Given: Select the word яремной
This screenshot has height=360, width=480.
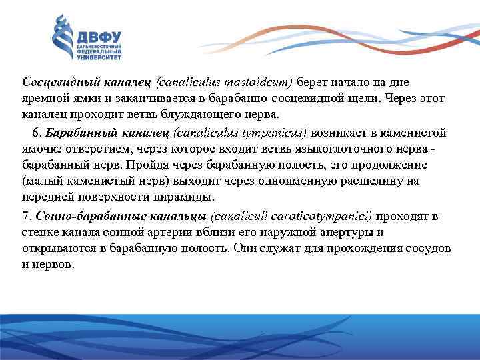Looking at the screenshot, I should pyautogui.click(x=43, y=99).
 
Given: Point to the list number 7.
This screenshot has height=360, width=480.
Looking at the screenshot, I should pyautogui.click(x=25, y=215).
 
